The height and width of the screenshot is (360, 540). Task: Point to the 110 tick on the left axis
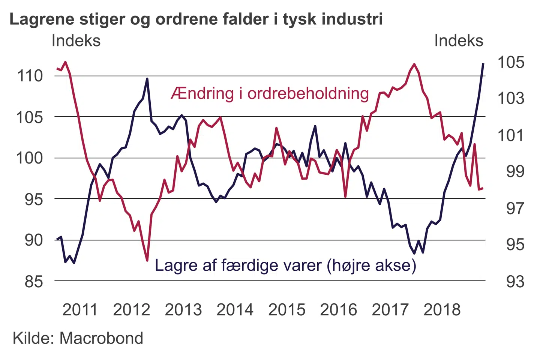coord(30,76)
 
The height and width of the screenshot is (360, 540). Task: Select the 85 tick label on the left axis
coord(34,281)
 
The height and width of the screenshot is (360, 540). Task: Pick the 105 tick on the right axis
coord(511,62)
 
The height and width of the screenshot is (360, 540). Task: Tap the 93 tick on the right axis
coord(515,281)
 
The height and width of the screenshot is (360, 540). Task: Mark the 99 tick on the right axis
coord(515,171)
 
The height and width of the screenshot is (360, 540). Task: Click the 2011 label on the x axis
coord(80,310)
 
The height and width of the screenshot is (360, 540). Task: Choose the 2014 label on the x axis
coord(235,310)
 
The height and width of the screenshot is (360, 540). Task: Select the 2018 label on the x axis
coord(442,310)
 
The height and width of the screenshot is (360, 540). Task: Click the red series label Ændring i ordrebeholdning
coord(270,93)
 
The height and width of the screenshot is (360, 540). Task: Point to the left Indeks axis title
coord(76,41)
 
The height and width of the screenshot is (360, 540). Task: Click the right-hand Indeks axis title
coord(459,41)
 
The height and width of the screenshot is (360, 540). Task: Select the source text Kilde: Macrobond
coord(78,338)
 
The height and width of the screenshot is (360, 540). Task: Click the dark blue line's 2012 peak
coord(147,79)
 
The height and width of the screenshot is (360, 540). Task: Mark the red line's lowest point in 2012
coord(147,260)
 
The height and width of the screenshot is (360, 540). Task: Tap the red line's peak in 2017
coord(414,64)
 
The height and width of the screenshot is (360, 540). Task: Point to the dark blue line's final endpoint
coord(483,64)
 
